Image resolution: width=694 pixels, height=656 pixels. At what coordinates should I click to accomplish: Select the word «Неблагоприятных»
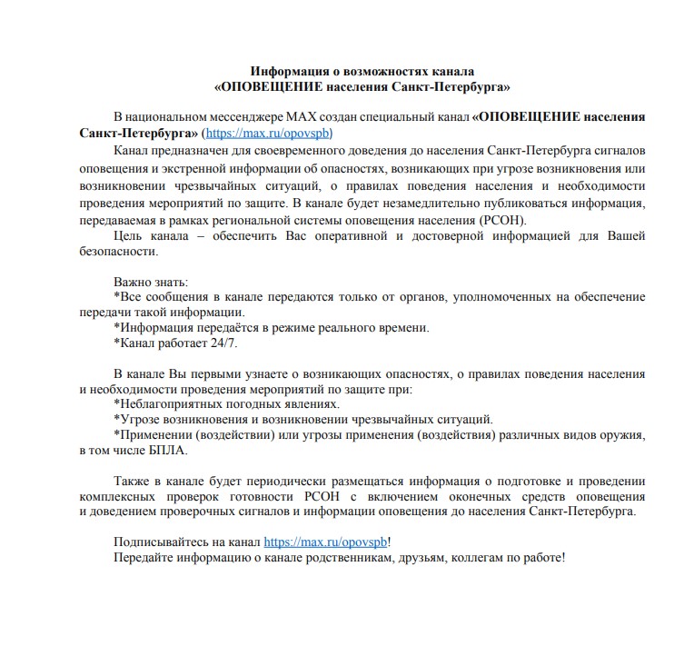pyautogui.click(x=169, y=404)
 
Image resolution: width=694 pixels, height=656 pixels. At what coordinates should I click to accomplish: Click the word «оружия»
pyautogui.click(x=625, y=435)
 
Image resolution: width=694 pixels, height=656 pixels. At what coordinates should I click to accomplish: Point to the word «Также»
pyautogui.click(x=133, y=481)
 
